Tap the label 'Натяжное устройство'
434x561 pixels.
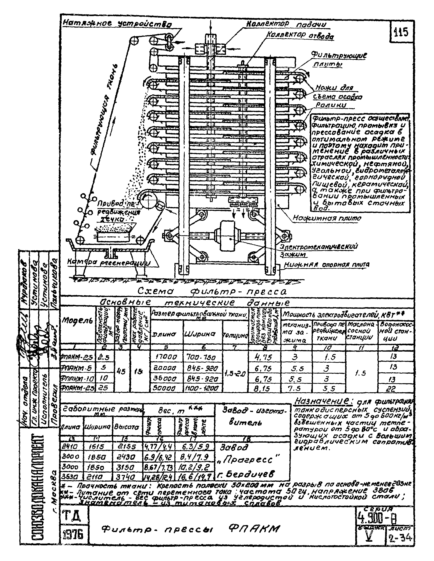tap(117, 24)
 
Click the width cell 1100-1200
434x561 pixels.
tap(203, 389)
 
